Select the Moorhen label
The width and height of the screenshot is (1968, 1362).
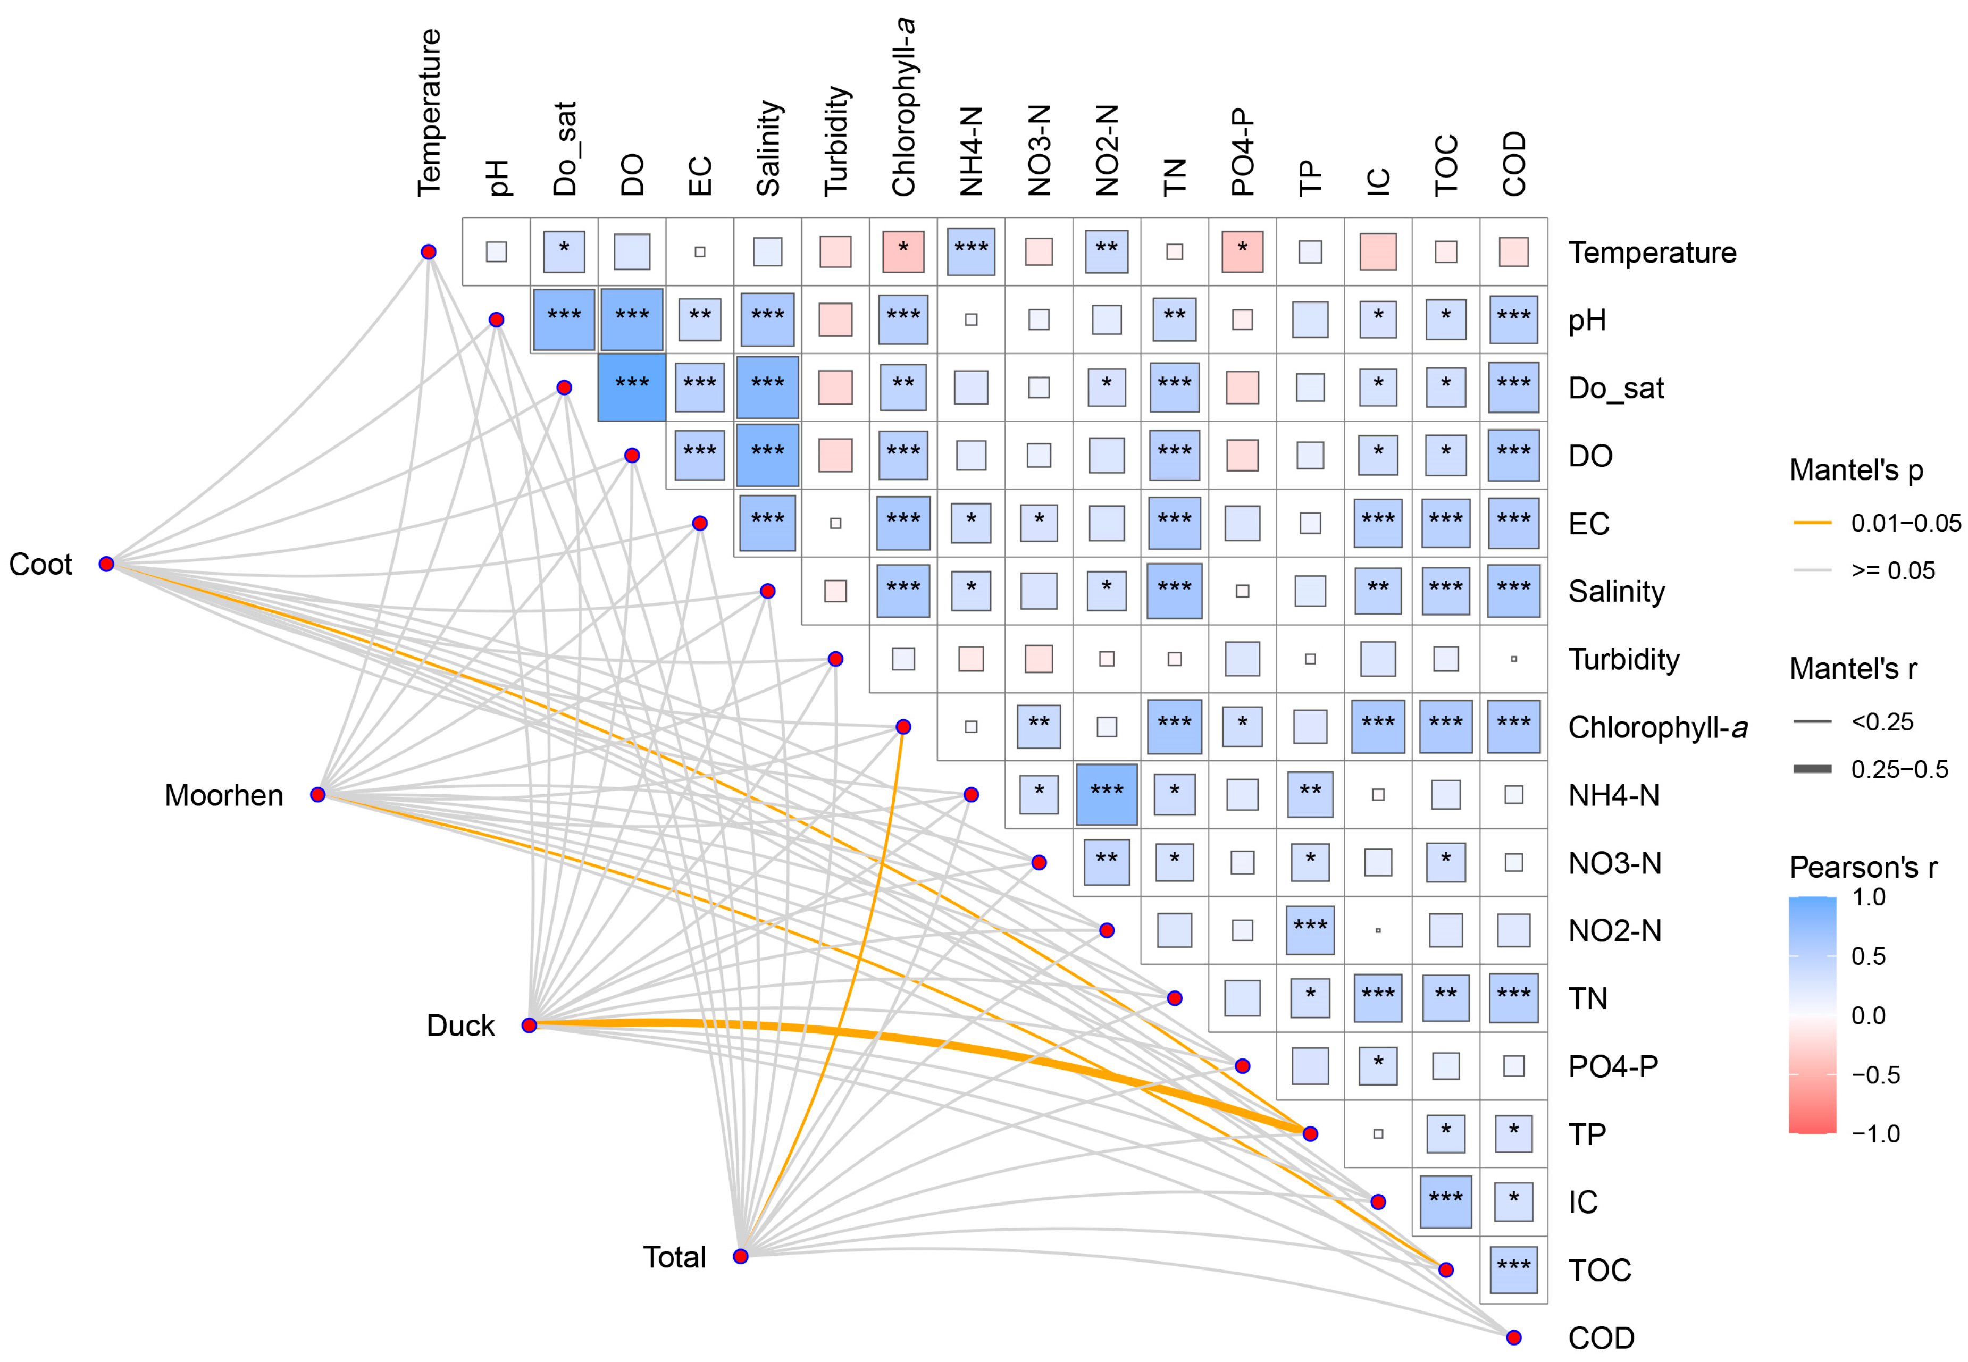coord(223,795)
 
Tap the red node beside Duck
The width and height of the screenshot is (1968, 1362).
coord(529,1025)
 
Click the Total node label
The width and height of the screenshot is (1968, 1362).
coord(674,1257)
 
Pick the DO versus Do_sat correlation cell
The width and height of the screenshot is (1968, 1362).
coord(632,388)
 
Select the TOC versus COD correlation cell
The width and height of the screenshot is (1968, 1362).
coord(1513,1270)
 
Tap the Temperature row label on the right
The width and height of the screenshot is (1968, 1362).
coord(1652,253)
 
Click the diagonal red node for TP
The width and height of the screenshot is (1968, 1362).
coord(1310,1134)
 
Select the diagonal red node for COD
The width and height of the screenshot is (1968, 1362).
coord(1513,1337)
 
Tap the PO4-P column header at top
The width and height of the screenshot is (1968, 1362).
coord(1243,153)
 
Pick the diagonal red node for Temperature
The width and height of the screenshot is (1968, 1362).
coord(429,252)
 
